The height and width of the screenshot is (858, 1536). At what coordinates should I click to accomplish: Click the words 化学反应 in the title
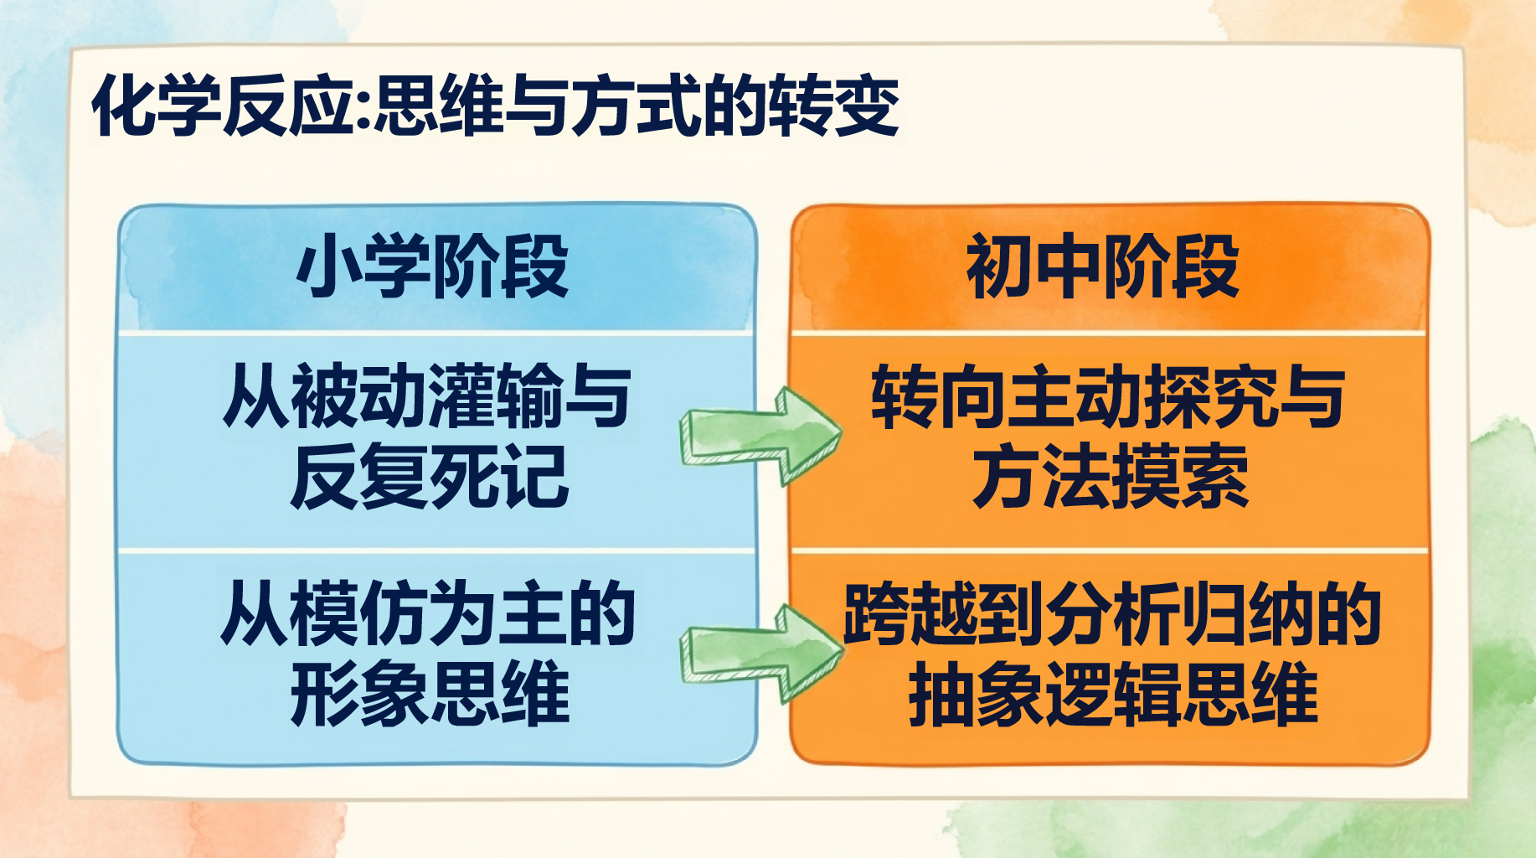224,106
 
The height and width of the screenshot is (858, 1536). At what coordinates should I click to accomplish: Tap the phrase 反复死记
430,477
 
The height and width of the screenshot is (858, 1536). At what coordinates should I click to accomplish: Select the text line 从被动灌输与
427,395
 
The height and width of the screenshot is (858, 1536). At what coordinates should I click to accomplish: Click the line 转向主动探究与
1107,395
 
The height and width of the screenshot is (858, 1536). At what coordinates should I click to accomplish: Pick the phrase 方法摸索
1111,477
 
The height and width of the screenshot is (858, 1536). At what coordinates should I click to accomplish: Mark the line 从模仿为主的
428,613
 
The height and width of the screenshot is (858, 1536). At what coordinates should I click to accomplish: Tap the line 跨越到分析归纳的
1112,613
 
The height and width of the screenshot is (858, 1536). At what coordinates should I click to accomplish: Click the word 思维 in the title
439,106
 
